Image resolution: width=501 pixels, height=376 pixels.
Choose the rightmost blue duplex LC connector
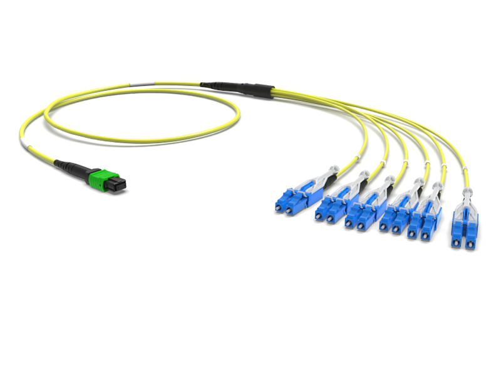(x=463, y=231)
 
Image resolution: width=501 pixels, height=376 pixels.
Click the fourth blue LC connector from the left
(x=397, y=217)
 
